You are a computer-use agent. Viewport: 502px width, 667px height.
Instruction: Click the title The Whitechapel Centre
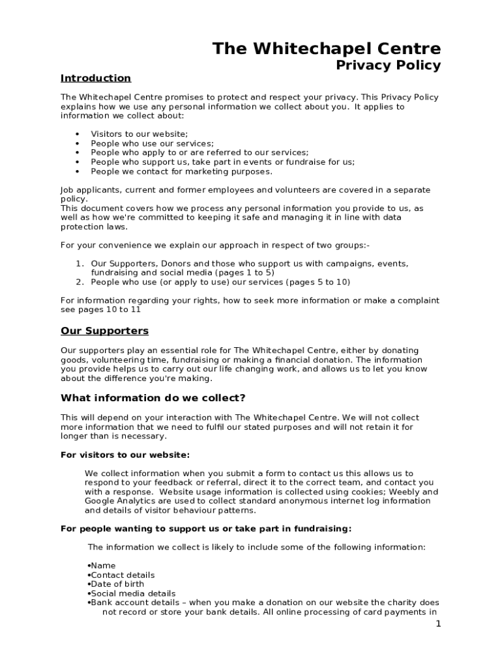(x=327, y=48)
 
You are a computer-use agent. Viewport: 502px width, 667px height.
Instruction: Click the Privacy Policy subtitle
(x=388, y=65)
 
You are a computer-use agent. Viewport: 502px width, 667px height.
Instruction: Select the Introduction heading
(x=96, y=78)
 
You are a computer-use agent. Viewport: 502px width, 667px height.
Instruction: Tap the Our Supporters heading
(x=104, y=331)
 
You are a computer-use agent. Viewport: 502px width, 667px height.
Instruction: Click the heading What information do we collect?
(x=153, y=398)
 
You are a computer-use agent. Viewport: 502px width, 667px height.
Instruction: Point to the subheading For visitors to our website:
(x=125, y=455)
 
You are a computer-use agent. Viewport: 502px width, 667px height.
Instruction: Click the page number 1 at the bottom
(x=439, y=624)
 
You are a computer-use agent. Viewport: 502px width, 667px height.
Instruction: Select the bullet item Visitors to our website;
(x=139, y=134)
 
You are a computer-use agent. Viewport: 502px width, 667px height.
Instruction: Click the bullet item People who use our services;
(x=152, y=143)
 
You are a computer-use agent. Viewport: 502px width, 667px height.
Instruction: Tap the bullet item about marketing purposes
(x=181, y=172)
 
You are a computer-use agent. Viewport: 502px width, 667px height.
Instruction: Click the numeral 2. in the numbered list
(x=80, y=282)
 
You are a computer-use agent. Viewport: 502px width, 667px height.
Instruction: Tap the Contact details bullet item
(x=123, y=575)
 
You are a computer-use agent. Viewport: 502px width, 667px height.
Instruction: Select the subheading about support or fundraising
(x=206, y=528)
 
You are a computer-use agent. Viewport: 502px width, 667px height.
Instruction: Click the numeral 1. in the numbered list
(x=80, y=264)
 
